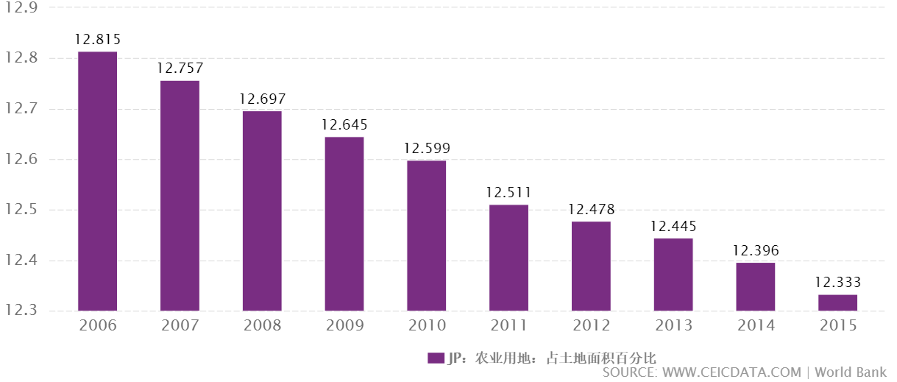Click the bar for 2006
tap(98, 181)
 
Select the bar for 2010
tap(427, 236)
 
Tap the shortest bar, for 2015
tap(837, 303)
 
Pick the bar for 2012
tap(591, 266)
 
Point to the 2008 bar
tap(262, 211)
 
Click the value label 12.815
tap(98, 40)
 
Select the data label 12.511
tap(508, 193)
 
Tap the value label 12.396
tap(756, 251)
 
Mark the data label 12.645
tap(344, 125)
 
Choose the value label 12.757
tap(180, 68)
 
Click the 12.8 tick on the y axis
tap(21, 58)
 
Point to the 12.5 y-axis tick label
tap(21, 211)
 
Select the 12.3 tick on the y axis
tap(21, 311)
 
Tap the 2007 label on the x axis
tap(180, 326)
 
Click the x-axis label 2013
tap(673, 326)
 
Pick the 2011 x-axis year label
tap(508, 326)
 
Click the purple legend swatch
tap(436, 358)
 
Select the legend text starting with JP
tap(551, 358)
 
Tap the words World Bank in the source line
tap(851, 373)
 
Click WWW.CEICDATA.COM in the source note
tap(731, 373)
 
